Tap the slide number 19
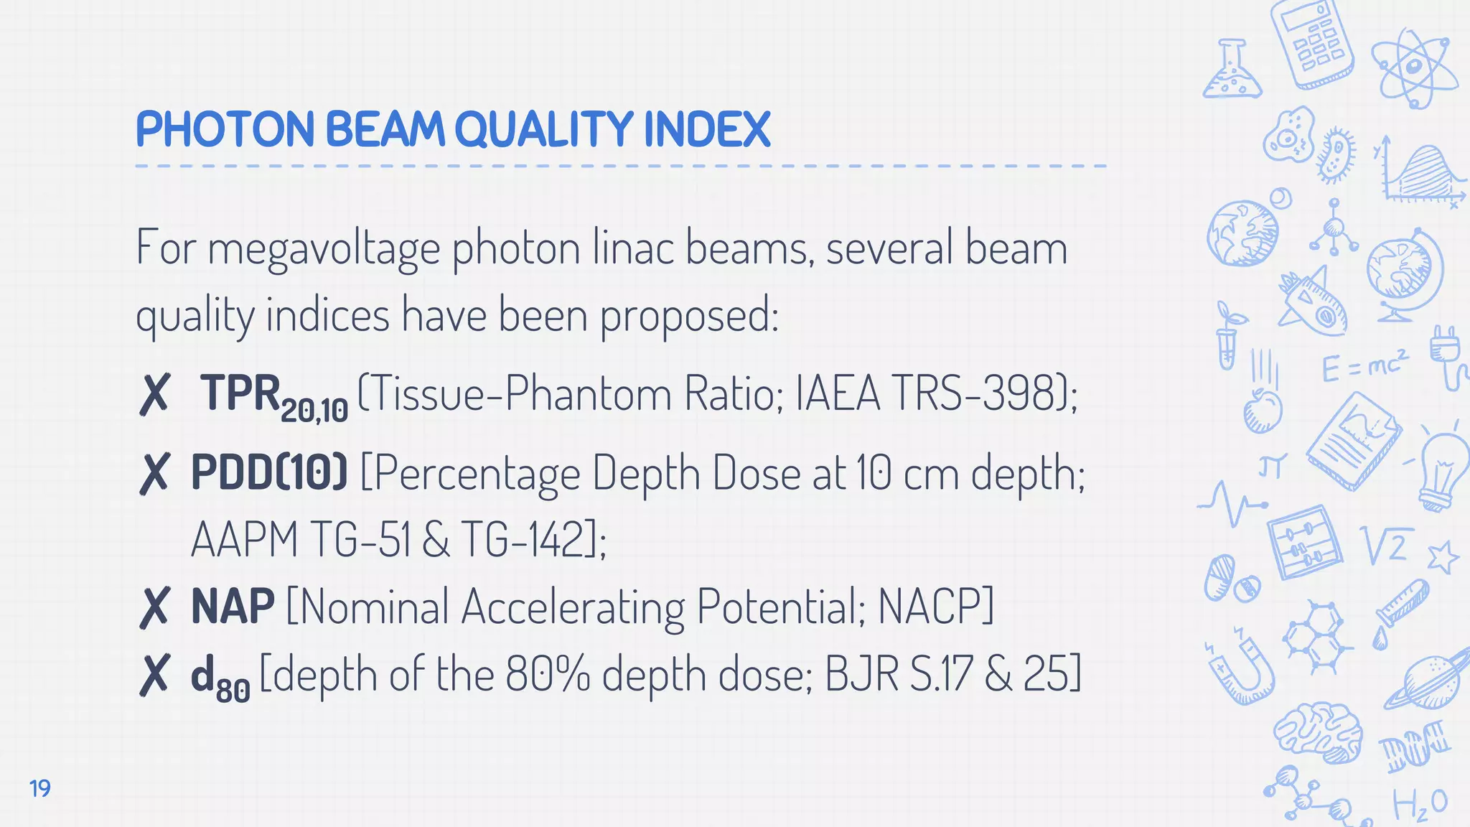pos(40,788)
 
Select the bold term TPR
pos(240,393)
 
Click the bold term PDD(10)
pos(269,472)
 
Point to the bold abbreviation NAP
pos(233,606)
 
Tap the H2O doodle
pos(1420,804)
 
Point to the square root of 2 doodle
pos(1387,546)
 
